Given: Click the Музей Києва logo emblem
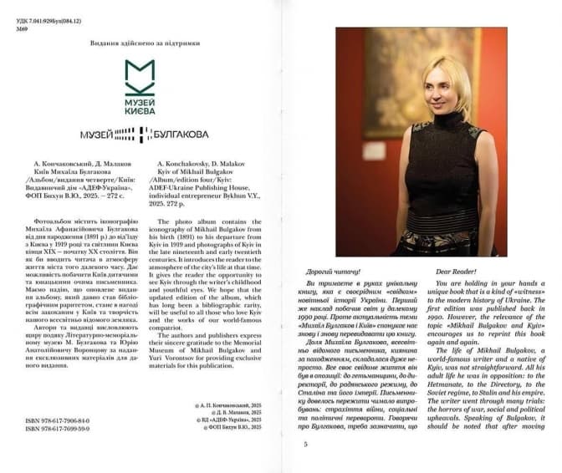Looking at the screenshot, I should coord(139,76).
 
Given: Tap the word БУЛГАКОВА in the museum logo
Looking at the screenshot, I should coord(181,134).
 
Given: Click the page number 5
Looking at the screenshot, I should coord(306,444).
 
